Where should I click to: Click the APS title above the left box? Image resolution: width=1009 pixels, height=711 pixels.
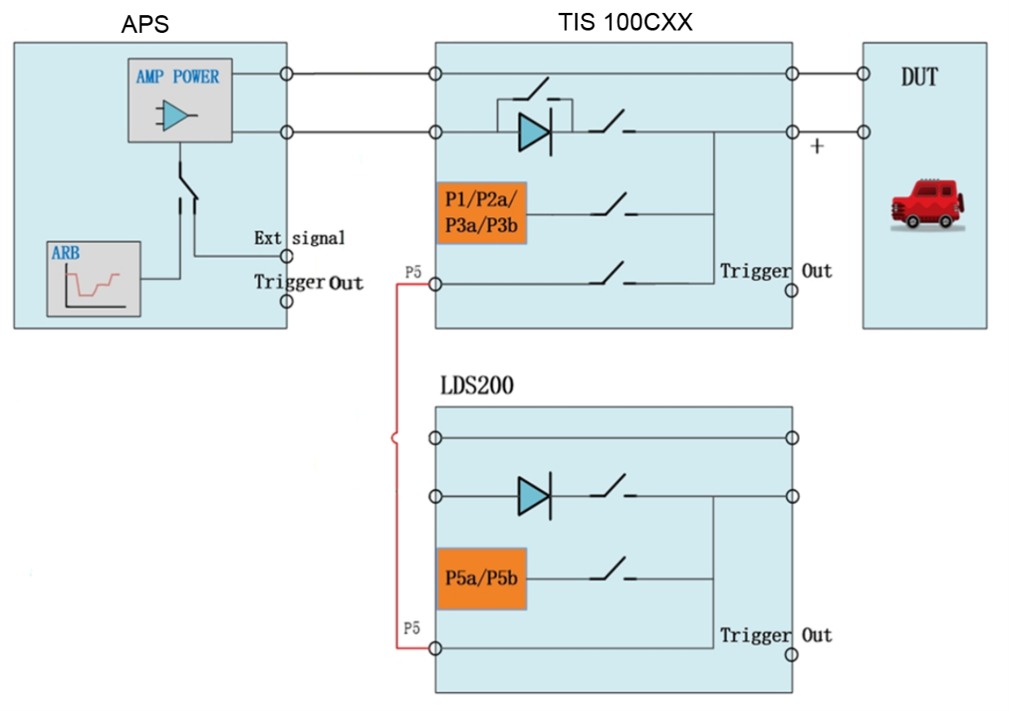pyautogui.click(x=145, y=24)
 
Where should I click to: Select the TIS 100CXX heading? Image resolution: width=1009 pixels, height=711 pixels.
pyautogui.click(x=625, y=22)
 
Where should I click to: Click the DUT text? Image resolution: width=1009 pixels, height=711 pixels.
pyautogui.click(x=919, y=78)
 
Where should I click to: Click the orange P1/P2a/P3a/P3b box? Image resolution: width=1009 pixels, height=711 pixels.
pyautogui.click(x=481, y=214)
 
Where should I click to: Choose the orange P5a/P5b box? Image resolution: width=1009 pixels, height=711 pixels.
pyautogui.click(x=481, y=578)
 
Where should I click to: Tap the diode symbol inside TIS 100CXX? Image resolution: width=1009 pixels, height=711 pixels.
pyautogui.click(x=534, y=133)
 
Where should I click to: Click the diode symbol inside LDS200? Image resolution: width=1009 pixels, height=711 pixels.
pyautogui.click(x=534, y=496)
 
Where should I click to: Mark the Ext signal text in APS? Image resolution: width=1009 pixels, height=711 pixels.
pyautogui.click(x=299, y=238)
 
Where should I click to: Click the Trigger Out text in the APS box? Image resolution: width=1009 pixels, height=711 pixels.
pyautogui.click(x=308, y=283)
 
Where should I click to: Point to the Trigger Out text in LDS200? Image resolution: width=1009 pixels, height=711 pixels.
pyautogui.click(x=775, y=635)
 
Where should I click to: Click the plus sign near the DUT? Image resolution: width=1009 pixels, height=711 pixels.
pyautogui.click(x=818, y=147)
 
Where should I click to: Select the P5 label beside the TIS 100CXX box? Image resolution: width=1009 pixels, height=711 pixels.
pyautogui.click(x=413, y=272)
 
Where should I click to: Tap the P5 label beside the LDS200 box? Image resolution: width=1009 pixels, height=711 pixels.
pyautogui.click(x=412, y=627)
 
